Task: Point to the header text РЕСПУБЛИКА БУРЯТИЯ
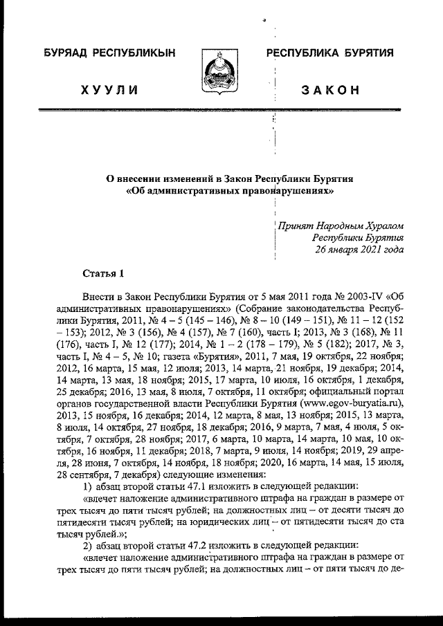point(331,53)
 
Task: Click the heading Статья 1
point(103,272)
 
